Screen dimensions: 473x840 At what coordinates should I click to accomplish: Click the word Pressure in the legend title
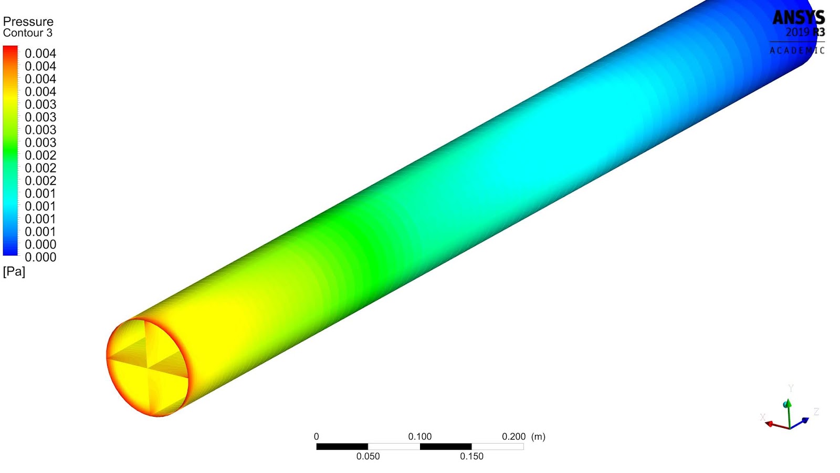[28, 22]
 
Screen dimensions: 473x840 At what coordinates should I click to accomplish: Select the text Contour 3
[27, 33]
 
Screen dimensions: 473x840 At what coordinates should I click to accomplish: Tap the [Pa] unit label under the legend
[14, 271]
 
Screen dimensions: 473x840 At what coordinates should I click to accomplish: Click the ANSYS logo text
[798, 18]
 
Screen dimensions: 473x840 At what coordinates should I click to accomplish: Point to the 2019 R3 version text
[804, 33]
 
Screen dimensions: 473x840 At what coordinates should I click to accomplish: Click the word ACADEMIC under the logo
[797, 50]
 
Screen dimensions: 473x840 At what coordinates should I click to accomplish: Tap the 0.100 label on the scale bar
[419, 437]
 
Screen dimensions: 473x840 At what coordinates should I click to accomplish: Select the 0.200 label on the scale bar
[513, 437]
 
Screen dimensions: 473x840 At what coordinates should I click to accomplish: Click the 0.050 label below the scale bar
[367, 456]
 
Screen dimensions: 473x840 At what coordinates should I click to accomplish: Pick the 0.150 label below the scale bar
[471, 456]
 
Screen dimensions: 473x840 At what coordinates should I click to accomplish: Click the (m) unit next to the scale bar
[538, 437]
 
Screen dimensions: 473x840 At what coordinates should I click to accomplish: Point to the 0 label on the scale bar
[316, 437]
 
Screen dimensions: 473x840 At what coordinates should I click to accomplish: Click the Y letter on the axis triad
[791, 388]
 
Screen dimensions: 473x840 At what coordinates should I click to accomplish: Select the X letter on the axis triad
[762, 417]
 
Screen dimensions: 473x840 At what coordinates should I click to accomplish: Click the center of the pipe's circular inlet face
[148, 367]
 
